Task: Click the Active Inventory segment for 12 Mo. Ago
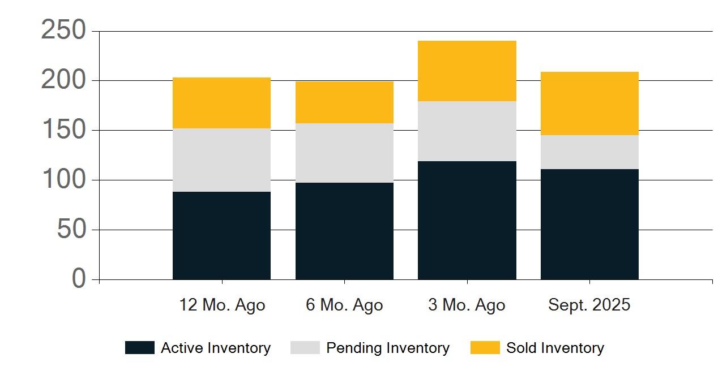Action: click(221, 235)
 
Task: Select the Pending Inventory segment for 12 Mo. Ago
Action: click(221, 160)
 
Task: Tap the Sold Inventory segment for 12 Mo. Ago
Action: click(221, 103)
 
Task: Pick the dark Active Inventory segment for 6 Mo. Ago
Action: click(345, 231)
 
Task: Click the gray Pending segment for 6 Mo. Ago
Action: click(345, 153)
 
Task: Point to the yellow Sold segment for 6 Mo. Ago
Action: click(345, 102)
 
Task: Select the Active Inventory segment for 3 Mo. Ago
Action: click(467, 221)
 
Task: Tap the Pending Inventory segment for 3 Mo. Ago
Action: click(467, 131)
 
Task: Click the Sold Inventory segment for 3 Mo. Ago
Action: click(467, 71)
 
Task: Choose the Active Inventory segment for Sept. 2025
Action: click(589, 225)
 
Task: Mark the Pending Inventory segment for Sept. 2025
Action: click(589, 153)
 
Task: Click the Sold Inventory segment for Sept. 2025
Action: click(589, 104)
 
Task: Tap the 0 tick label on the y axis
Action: click(79, 278)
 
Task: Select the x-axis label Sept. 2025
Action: click(589, 305)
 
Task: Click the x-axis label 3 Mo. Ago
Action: click(467, 305)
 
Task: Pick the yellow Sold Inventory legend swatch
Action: click(485, 348)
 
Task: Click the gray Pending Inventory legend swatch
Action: click(305, 348)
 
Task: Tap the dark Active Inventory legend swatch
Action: click(140, 348)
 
